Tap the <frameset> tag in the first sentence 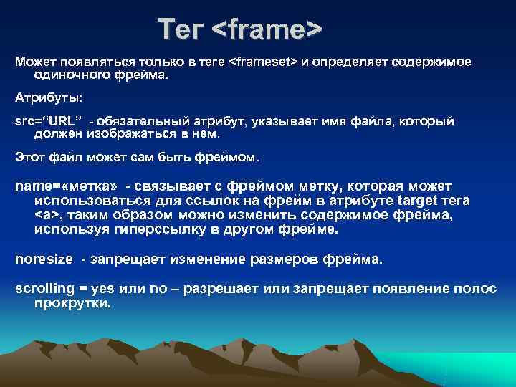(262, 62)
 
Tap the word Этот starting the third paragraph (30, 156)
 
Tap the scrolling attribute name (45, 288)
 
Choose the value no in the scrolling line (158, 288)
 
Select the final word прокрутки (72, 302)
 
